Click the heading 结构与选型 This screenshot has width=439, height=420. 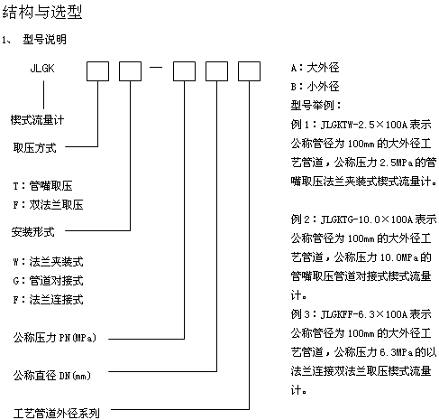42,13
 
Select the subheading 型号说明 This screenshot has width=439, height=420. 45,39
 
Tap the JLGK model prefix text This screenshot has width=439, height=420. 42,69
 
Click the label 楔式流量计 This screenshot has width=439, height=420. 37,120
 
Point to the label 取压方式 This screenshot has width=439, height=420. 34,147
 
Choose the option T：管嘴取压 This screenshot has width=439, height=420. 42,186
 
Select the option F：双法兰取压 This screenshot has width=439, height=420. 48,205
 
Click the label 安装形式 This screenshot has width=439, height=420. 33,232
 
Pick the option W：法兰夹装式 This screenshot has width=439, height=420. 48,262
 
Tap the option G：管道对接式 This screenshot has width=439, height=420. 48,281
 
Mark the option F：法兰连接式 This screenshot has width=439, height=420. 48,300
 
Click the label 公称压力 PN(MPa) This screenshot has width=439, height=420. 55,338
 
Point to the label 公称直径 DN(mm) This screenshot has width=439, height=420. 52,376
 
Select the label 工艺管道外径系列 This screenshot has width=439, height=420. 56,414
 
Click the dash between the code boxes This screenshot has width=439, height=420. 156,67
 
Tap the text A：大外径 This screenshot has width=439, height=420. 316,68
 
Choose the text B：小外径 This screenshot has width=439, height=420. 316,87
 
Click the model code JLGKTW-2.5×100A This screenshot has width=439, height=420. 363,125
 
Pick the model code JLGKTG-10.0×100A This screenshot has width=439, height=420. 366,219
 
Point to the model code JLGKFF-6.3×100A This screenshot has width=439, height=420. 363,314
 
